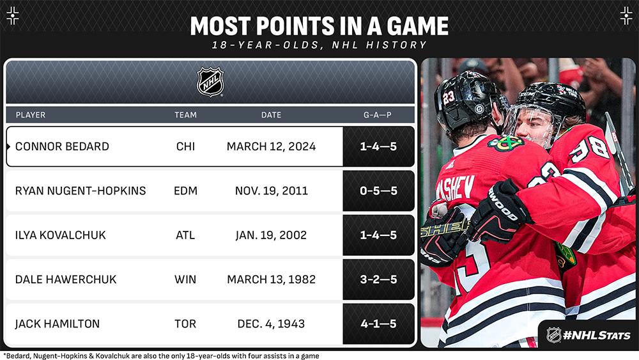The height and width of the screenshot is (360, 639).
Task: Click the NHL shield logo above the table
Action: [x=210, y=82]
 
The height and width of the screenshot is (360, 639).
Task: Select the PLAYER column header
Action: [x=31, y=115]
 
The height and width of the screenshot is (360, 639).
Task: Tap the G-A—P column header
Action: [x=378, y=115]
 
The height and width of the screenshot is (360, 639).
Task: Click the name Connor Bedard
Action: [x=62, y=146]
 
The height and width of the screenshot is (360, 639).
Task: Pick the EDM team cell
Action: [x=185, y=191]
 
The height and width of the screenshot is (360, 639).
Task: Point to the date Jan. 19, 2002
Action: [x=271, y=235]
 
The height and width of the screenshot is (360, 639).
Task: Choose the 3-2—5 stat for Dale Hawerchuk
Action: [x=378, y=279]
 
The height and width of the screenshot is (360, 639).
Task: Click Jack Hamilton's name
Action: [x=57, y=324]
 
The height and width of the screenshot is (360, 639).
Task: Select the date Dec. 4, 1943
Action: [x=271, y=324]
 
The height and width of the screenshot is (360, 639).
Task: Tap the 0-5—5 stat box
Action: [x=378, y=191]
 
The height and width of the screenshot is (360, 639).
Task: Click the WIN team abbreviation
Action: [x=185, y=279]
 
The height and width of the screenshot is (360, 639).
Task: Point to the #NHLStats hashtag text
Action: [x=596, y=336]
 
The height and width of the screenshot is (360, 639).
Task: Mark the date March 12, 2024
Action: [x=271, y=146]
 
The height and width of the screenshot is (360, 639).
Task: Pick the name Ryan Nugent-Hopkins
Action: [x=81, y=191]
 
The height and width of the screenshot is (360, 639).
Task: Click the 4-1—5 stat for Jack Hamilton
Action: [x=378, y=324]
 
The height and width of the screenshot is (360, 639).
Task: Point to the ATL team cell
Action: [x=185, y=235]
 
